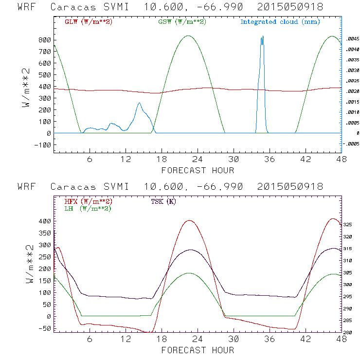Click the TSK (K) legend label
163,201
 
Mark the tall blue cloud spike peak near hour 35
262,36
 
